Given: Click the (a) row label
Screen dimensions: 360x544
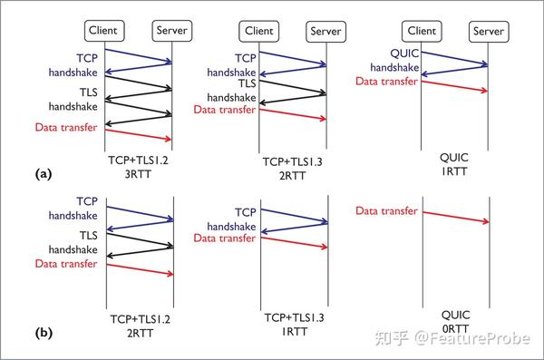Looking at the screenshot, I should (42, 171).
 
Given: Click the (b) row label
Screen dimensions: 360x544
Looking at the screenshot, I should (42, 332).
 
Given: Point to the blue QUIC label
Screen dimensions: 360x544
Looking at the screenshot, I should (404, 52).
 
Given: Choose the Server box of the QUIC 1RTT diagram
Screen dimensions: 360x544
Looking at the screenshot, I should (489, 31).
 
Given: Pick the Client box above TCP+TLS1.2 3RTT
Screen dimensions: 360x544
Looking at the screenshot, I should (105, 31).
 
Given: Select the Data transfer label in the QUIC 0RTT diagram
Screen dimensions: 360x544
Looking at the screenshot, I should (387, 210).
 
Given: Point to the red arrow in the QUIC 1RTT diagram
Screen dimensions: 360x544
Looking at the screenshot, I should (456, 86).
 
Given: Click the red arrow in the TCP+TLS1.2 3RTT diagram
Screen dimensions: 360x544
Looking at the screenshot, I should (139, 133).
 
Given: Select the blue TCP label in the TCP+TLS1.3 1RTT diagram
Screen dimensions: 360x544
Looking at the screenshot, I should (245, 212).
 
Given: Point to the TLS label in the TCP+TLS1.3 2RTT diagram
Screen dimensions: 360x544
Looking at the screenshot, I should (247, 83).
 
